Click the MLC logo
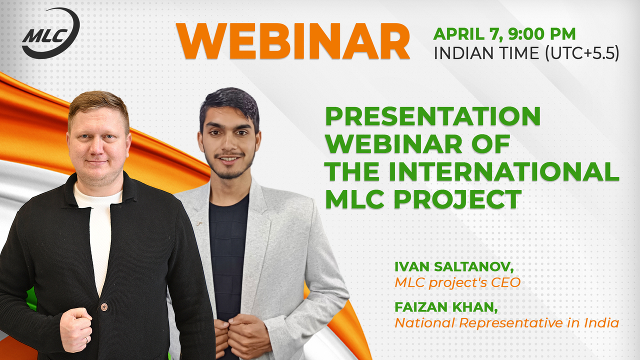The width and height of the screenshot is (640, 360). pyautogui.click(x=50, y=33)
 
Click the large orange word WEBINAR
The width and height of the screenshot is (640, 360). pyautogui.click(x=293, y=41)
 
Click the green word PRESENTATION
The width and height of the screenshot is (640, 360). pyautogui.click(x=433, y=116)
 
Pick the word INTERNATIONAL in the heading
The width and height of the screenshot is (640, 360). pyautogui.click(x=503, y=171)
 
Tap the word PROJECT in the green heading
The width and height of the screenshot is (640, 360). pyautogui.click(x=457, y=199)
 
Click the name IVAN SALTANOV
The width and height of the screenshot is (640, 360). pyautogui.click(x=453, y=266)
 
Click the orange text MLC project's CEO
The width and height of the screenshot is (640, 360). pyautogui.click(x=457, y=282)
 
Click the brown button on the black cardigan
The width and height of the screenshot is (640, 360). pyautogui.click(x=104, y=307)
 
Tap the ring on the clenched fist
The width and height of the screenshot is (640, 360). pyautogui.click(x=86, y=339)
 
